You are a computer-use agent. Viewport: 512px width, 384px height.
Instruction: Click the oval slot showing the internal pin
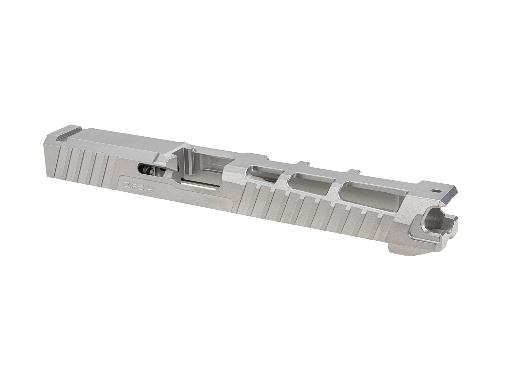[x=150, y=170]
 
